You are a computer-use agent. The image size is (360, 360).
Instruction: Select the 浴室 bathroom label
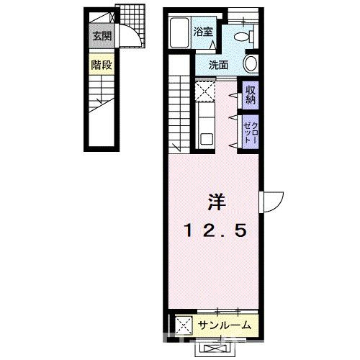pos(203,32)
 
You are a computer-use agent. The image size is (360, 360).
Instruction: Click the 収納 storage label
pos(250,94)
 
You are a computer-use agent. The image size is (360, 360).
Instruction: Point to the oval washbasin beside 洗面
pos(251,63)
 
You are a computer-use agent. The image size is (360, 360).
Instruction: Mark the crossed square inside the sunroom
pos(183,325)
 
